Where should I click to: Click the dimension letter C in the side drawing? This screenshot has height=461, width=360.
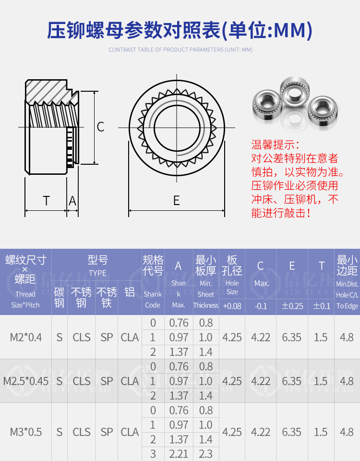[100, 127]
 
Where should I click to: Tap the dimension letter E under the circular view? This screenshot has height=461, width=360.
[177, 201]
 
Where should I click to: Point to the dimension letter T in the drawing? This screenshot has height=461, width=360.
[46, 201]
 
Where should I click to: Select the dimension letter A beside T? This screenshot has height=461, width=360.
[72, 201]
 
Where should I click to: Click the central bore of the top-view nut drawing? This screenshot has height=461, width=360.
[177, 127]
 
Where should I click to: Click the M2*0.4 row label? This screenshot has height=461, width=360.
[26, 337]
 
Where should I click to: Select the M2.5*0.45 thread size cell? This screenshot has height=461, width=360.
[26, 381]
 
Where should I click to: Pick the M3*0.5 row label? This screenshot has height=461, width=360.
[26, 432]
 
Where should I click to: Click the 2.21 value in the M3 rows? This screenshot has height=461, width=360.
[179, 454]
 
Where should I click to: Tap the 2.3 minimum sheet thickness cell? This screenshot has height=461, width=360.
[206, 454]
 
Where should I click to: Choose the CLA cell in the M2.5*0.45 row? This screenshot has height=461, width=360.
[130, 381]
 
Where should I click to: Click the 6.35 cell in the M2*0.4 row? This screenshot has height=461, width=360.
[292, 337]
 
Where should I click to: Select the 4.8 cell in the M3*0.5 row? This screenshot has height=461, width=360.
[347, 432]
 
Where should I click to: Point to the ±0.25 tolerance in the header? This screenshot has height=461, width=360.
[292, 306]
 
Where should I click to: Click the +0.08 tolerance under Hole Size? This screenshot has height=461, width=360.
[232, 306]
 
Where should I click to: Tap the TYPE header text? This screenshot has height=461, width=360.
[97, 273]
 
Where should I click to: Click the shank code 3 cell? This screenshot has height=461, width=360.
[153, 454]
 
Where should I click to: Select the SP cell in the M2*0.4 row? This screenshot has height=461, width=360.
[107, 337]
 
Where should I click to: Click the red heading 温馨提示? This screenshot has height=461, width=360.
[275, 145]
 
